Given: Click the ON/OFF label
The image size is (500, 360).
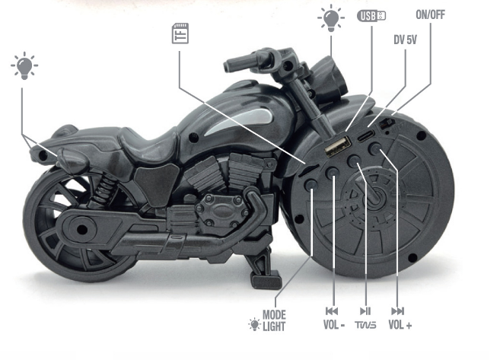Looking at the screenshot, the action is click(x=430, y=14).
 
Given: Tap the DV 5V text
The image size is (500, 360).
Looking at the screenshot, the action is click(x=405, y=40).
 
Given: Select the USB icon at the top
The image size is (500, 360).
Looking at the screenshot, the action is click(x=371, y=16).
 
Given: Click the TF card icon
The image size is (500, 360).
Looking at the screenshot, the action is click(x=180, y=33).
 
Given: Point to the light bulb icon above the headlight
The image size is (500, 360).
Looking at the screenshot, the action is click(x=331, y=18).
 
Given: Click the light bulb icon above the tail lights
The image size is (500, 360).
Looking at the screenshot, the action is click(x=24, y=65).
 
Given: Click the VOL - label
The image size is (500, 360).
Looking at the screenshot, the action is click(x=334, y=325).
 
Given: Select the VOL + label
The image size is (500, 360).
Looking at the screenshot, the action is click(x=400, y=325).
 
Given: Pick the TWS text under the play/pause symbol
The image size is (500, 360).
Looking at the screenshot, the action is click(x=365, y=325).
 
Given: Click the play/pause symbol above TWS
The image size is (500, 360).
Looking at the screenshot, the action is click(x=365, y=311).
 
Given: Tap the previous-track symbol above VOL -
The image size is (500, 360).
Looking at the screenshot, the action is click(x=332, y=311).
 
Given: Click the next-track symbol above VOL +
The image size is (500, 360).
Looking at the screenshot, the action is click(x=397, y=311).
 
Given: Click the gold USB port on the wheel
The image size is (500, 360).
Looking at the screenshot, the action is click(x=338, y=146).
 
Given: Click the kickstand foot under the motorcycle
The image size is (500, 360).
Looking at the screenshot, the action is click(x=266, y=281).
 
